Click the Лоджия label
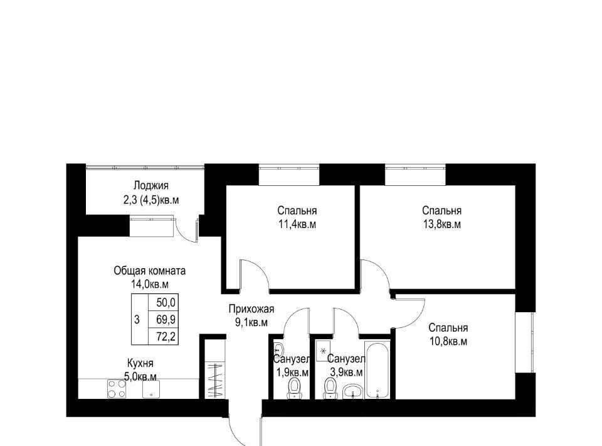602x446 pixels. pos(151,186)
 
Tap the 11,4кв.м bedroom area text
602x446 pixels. pos(297,224)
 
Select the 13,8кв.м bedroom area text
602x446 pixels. pos(442,224)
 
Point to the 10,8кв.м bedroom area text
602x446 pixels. pos(448,342)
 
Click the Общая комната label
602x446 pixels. pos(150,271)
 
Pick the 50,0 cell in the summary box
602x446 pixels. pos(166,303)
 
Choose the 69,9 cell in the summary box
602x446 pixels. pos(166,319)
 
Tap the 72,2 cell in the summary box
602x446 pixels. pos(166,337)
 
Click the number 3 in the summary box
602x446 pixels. pos(137,319)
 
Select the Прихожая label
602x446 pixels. pos(251,309)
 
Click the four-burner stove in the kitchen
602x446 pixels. pos(117,389)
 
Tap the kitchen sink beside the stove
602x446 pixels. pos(151,389)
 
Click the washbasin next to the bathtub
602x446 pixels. pos(352,391)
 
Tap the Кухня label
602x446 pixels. pos(140,363)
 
